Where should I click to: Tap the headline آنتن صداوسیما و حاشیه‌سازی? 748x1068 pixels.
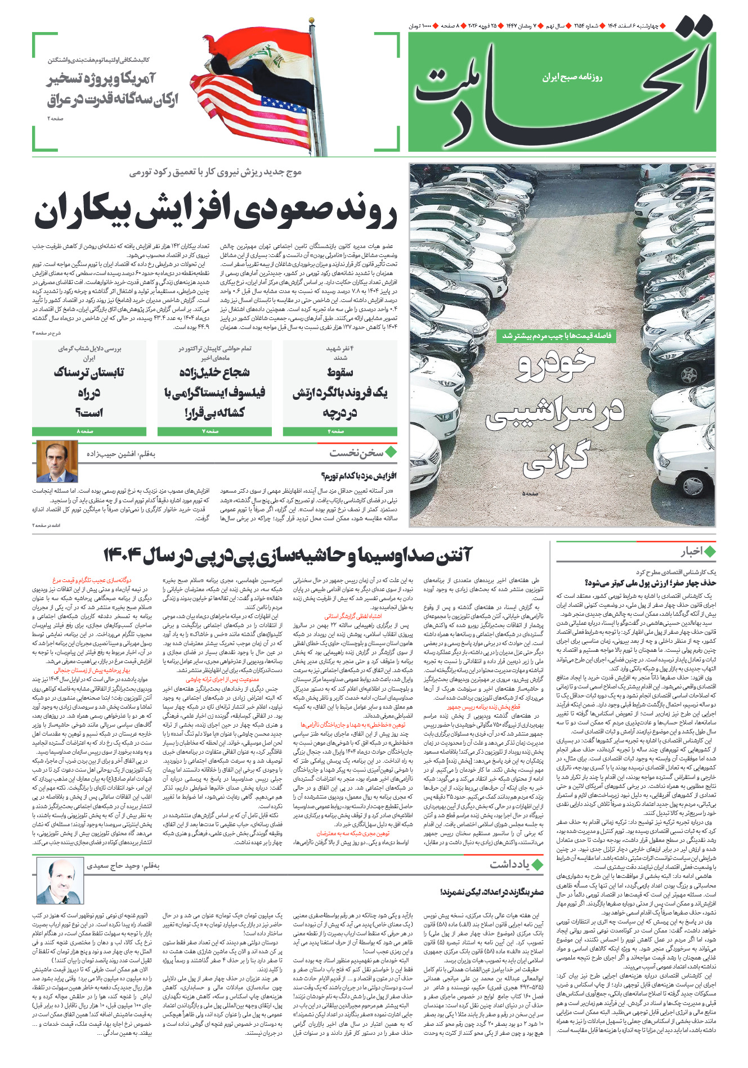tap(288, 556)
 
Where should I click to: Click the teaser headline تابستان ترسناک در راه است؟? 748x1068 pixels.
tap(89, 392)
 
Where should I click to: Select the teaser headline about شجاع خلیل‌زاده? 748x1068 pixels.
tap(214, 392)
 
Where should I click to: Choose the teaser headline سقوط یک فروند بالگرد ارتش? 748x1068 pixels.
tap(340, 392)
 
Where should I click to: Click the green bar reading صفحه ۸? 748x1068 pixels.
tap(89, 431)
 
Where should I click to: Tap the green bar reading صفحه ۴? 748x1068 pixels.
tap(340, 431)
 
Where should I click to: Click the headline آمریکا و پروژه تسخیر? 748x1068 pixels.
tap(112, 89)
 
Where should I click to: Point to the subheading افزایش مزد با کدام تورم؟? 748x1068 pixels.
tap(359, 476)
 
